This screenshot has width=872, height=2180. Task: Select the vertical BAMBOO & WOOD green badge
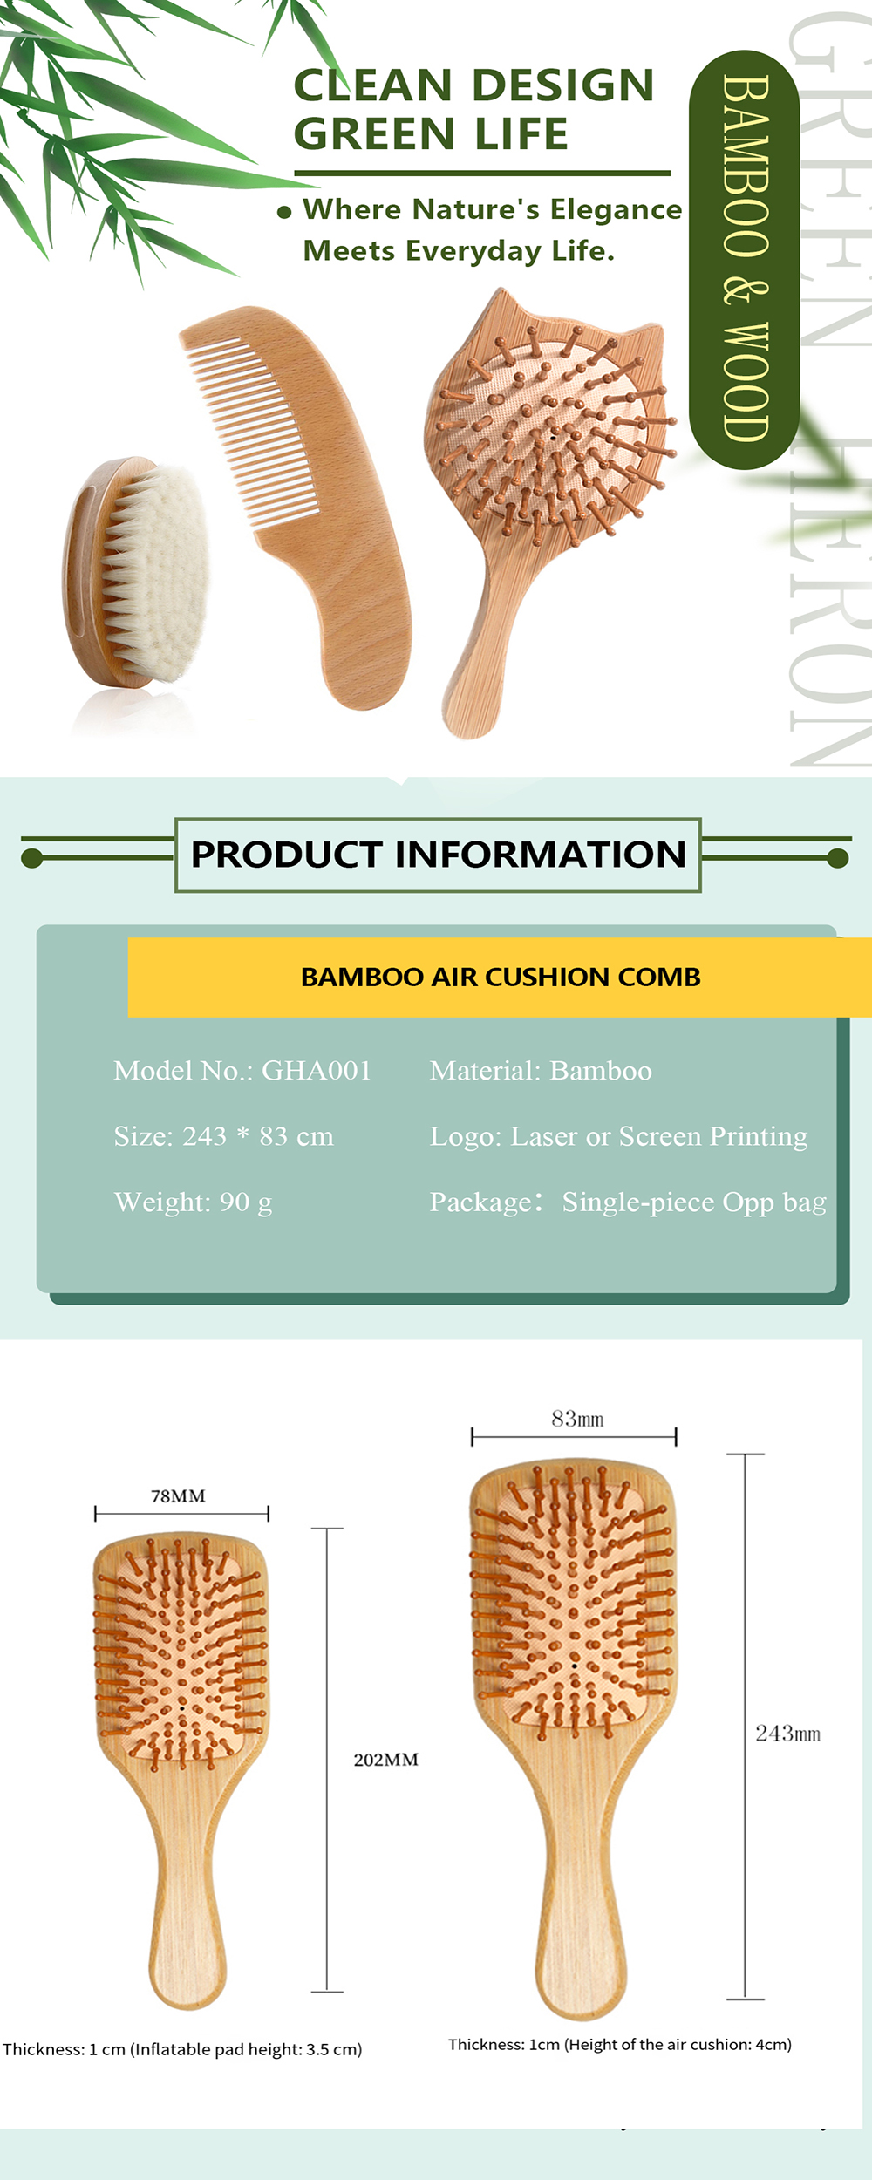744,259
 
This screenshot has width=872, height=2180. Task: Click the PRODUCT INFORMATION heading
438,855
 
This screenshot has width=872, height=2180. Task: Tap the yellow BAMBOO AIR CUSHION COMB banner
500,977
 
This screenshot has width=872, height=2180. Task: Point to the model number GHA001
317,1070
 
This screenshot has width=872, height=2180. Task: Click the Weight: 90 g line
193,1202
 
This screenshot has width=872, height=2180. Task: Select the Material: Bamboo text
541,1071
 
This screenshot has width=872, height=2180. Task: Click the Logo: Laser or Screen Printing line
618,1136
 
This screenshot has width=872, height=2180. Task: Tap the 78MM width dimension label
178,1496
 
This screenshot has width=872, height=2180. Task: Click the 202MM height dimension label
385,1760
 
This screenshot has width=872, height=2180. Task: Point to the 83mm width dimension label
577,1419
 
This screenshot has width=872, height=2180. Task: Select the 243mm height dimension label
787,1734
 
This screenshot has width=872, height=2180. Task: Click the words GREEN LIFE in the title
431,133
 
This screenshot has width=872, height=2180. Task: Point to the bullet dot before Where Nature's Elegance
283,212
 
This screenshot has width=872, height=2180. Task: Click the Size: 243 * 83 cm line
223,1136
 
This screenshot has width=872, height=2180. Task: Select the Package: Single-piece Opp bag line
628,1202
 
